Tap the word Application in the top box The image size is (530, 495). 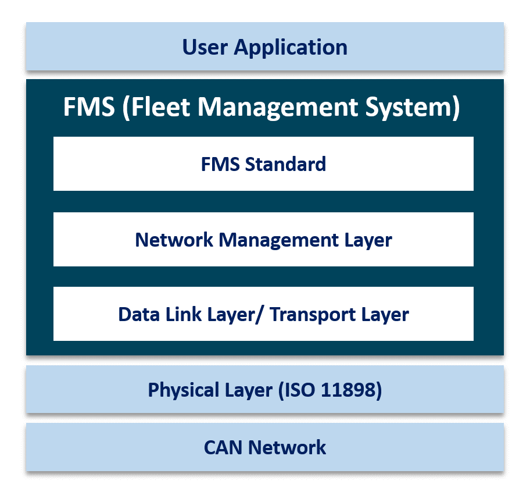(291, 47)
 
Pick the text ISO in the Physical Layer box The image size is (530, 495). (299, 390)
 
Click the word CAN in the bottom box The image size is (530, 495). (224, 447)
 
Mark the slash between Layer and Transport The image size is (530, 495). (259, 314)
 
